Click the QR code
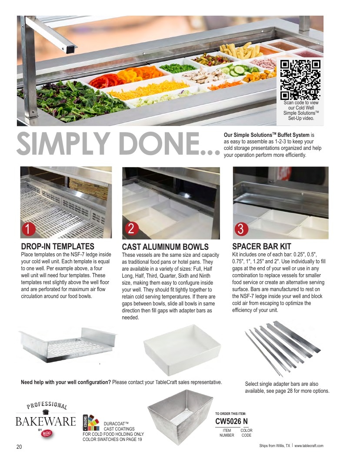pos(300,80)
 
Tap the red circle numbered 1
pos(29,229)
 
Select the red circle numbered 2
pos(132,229)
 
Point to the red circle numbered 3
pos(241,229)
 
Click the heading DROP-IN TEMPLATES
pos(57,246)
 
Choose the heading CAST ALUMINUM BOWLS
pos(165,247)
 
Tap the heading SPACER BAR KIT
pos(261,246)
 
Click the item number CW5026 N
pos(231,421)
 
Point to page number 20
pos(19,447)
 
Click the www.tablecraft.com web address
pos(309,446)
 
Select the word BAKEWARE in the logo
pos(46,421)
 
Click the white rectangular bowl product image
pos(182,349)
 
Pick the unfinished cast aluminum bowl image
pos(180,417)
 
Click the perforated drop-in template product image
pos(67,345)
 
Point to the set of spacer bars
pos(283,348)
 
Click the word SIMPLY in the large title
pos(63,143)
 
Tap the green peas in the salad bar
pos(178,68)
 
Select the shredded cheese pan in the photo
pos(150,89)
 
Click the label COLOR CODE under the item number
pos(247,433)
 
